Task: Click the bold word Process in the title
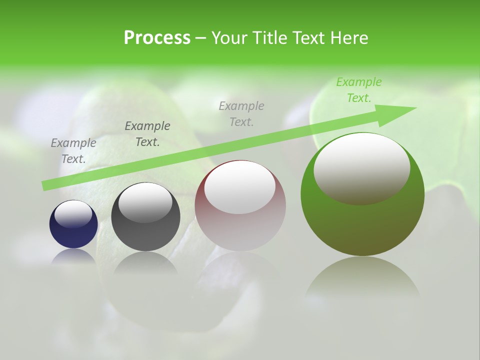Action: tap(157, 38)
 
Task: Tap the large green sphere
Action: tap(362, 225)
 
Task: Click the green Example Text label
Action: tap(358, 90)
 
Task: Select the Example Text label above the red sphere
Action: tap(241, 113)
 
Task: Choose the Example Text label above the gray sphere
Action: tap(147, 134)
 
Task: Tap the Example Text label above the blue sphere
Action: tap(73, 150)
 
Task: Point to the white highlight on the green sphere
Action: tap(362, 168)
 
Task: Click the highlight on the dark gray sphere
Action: tap(145, 202)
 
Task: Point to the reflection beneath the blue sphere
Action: tap(73, 256)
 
